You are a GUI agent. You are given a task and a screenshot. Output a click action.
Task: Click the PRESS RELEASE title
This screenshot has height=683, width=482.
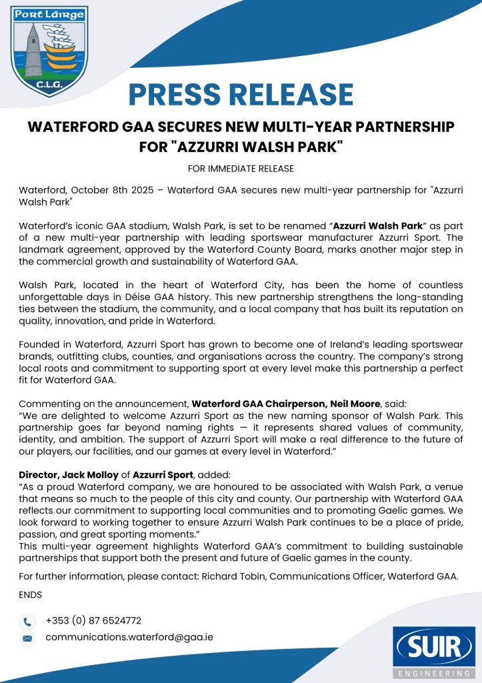[x=241, y=94]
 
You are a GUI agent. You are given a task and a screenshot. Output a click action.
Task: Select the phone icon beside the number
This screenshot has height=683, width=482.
[x=27, y=622]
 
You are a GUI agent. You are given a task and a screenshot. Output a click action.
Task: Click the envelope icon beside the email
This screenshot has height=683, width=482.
[x=27, y=638]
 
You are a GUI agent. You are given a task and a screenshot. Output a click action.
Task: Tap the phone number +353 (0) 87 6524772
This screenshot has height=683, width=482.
[x=93, y=621]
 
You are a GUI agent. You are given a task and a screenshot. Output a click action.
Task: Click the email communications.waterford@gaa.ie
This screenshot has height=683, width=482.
[x=129, y=637]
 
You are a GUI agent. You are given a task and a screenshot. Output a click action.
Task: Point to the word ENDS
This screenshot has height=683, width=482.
[x=31, y=594]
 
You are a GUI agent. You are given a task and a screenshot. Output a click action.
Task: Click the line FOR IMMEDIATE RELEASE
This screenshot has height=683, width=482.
[x=241, y=168]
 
